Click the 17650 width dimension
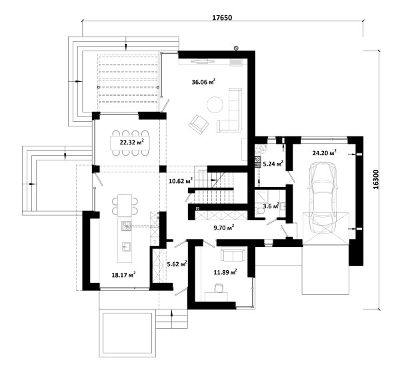[222, 17]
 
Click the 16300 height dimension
[376, 180]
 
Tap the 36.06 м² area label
[203, 82]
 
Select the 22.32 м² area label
[131, 142]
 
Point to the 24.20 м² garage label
[324, 153]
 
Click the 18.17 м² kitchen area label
[123, 275]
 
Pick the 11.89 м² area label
[225, 273]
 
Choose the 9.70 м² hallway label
[224, 228]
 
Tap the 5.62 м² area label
[177, 264]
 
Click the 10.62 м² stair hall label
[181, 181]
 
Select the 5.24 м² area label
[273, 164]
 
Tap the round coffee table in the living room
[215, 104]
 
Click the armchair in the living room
[199, 124]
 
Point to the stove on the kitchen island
[126, 226]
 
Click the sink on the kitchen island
[126, 246]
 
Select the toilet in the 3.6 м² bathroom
[260, 211]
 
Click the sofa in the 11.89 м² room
[233, 254]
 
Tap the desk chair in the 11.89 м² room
[219, 288]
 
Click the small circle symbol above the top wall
[237, 48]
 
